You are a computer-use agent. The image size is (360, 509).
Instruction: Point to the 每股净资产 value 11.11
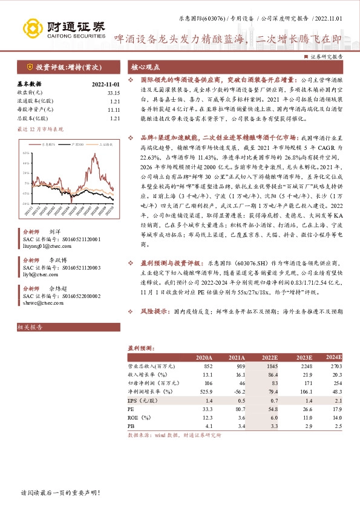[x=114, y=110]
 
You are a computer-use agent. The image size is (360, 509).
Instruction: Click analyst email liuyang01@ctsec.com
[x=45, y=246]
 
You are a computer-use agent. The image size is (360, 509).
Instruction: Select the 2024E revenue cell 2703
[x=335, y=367]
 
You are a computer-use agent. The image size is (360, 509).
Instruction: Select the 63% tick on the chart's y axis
[x=27, y=155]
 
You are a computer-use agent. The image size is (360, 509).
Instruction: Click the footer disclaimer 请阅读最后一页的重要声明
[x=59, y=493]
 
